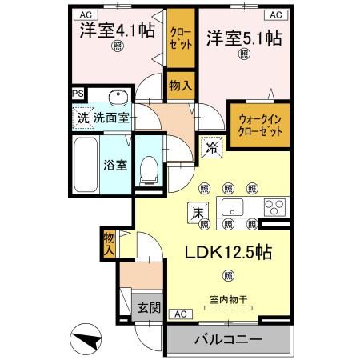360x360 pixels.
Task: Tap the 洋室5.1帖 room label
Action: pos(243,37)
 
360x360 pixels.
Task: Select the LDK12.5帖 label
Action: pos(229,250)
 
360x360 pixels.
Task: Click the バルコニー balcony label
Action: pos(228,339)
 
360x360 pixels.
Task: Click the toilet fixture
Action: pos(147,168)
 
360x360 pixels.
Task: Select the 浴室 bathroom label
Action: pos(114,166)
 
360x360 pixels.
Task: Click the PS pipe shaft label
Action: pos(78,93)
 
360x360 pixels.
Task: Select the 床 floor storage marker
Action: pos(198,212)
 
